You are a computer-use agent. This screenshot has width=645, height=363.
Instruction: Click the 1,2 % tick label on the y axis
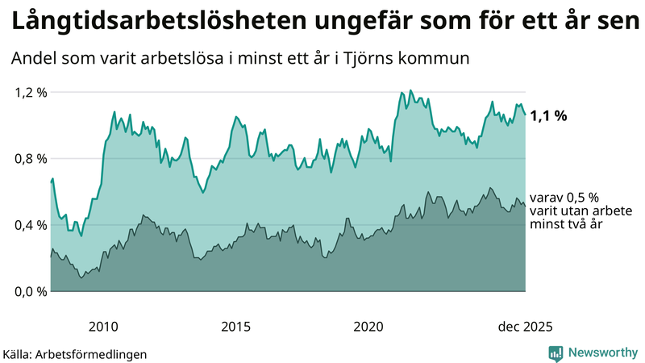31,92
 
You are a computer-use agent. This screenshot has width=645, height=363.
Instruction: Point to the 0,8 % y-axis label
31,158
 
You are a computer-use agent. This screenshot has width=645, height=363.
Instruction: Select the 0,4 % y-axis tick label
31,224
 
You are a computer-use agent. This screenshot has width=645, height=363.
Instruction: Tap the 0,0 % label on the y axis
31,291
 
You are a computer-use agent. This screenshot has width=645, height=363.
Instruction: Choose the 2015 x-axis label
235,327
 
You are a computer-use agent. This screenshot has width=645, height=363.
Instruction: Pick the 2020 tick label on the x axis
368,327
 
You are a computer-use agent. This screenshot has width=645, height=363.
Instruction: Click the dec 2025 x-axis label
524,327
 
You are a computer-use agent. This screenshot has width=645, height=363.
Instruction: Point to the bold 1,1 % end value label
548,115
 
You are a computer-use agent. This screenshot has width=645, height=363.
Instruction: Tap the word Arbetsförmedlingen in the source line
97,353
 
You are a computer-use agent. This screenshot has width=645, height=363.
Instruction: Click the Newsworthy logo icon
556,353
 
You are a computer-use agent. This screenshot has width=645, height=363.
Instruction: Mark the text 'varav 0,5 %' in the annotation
564,197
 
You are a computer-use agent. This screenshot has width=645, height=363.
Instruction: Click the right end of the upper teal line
525,114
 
